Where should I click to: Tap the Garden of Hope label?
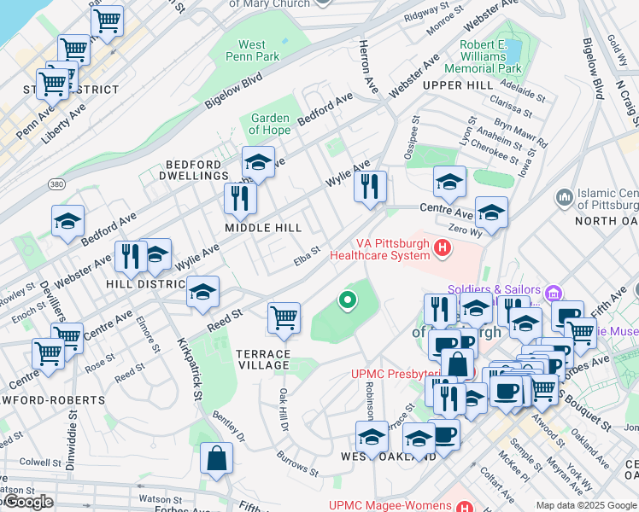[270, 125]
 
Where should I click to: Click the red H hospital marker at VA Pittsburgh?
[443, 248]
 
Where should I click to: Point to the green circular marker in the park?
[347, 300]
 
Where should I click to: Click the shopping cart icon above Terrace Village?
[284, 317]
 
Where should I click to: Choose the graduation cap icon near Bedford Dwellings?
[258, 161]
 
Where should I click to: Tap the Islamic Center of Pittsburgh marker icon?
[565, 199]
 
